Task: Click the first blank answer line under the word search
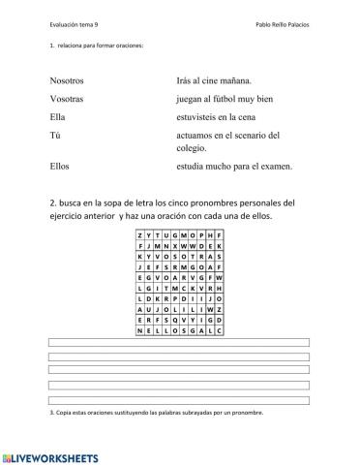click(179, 344)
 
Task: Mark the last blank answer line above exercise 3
click(179, 399)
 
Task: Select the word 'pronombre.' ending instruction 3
click(245, 414)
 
